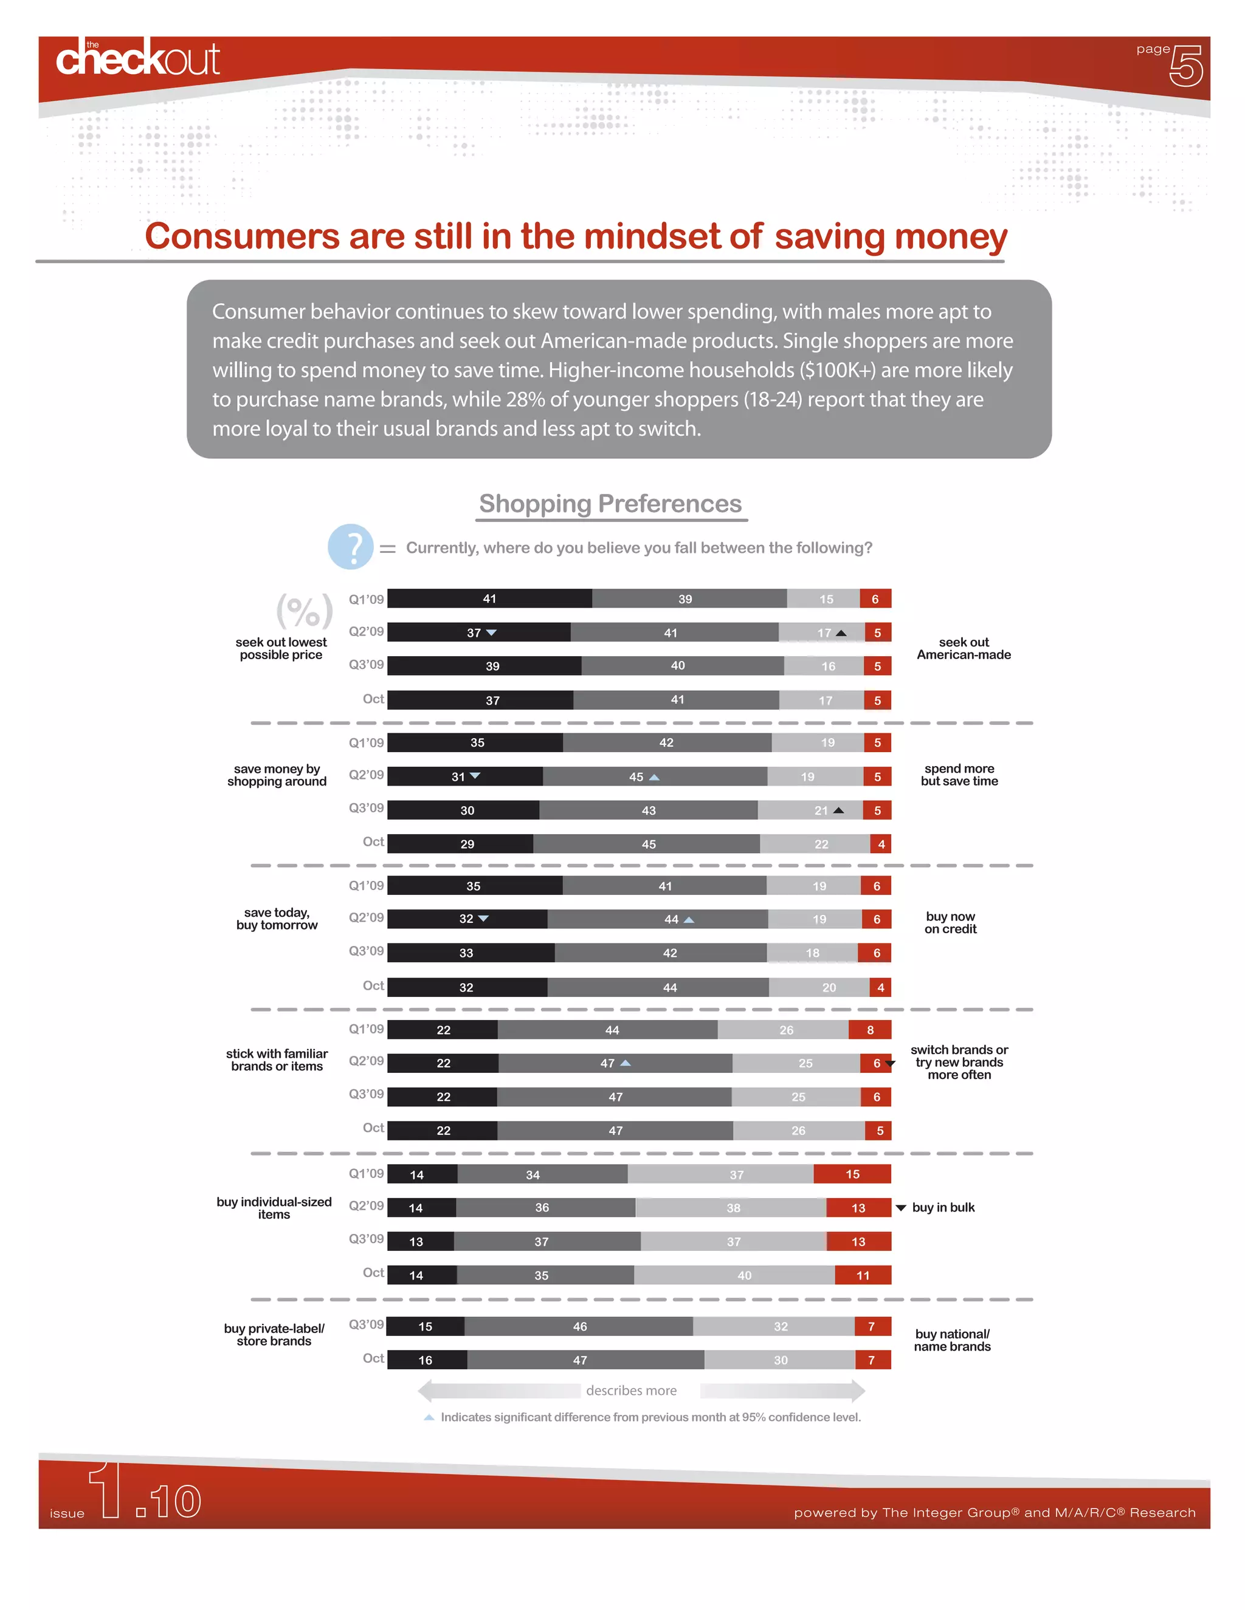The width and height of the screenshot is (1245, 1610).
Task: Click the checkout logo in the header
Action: click(138, 59)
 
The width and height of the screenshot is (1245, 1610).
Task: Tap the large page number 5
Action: click(1185, 66)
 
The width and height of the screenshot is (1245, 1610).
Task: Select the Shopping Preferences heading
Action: click(611, 504)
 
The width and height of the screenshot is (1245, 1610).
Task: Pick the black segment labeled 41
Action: click(490, 598)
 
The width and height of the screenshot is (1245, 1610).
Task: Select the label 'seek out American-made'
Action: click(964, 649)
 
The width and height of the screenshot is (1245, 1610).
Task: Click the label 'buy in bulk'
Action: click(943, 1208)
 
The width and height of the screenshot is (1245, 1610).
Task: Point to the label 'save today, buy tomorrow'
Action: click(277, 919)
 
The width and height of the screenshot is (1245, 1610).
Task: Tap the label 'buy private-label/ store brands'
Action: click(274, 1334)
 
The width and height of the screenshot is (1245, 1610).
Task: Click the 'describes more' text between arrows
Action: click(632, 1390)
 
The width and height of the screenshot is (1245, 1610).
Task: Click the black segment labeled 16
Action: click(426, 1360)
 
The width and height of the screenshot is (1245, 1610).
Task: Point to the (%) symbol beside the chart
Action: click(304, 611)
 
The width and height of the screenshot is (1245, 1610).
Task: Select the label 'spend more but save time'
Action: click(959, 775)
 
